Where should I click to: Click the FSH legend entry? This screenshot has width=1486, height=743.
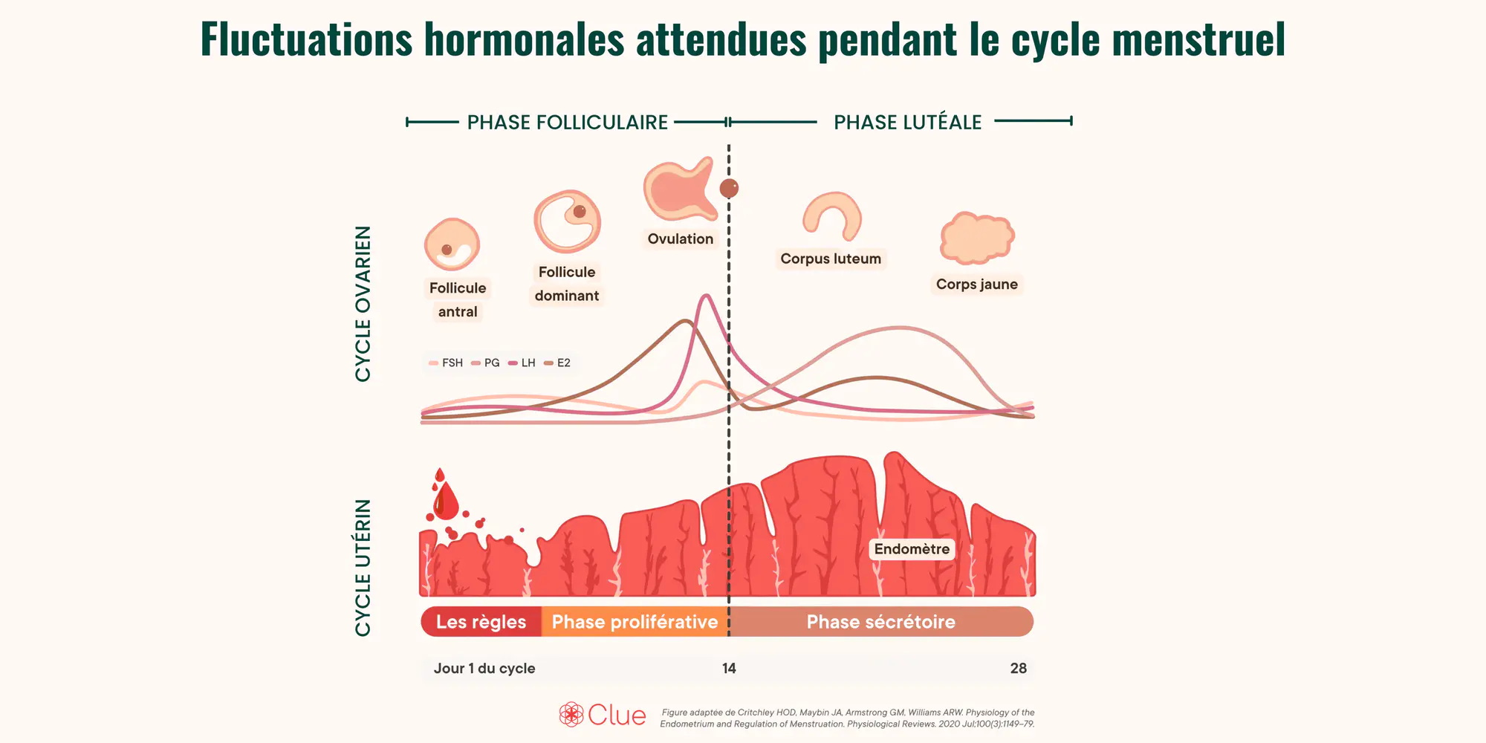[446, 363]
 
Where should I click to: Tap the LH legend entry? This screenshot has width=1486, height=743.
[522, 363]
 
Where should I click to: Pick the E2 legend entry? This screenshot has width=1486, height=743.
[557, 363]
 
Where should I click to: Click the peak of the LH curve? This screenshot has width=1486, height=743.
[706, 296]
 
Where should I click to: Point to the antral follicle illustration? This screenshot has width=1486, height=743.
[452, 244]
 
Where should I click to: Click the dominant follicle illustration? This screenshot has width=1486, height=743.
[568, 221]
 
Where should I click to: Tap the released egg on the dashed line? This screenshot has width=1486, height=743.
[729, 188]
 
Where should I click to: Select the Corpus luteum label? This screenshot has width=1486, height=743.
[831, 259]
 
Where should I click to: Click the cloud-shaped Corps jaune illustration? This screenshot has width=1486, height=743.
[977, 239]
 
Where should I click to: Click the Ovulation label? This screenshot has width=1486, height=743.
[681, 239]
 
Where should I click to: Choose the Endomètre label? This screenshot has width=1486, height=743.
[912, 549]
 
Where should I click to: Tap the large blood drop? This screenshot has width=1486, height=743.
[446, 501]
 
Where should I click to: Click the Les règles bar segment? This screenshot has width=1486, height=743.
[481, 622]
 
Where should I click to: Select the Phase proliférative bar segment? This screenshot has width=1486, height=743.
[635, 622]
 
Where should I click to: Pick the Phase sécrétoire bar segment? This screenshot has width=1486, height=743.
[881, 622]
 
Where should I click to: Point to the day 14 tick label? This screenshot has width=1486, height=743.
[729, 668]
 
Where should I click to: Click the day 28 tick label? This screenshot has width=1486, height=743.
[1019, 668]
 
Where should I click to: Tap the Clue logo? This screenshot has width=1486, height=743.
[603, 715]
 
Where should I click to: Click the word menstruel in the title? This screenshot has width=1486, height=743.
[1198, 39]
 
